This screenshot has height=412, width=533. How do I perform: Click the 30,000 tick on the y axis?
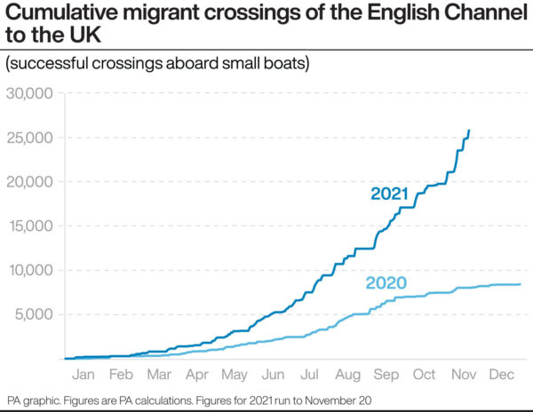[29, 93]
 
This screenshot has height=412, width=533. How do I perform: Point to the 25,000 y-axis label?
[29, 138]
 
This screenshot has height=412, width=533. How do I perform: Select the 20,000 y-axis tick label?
[29, 182]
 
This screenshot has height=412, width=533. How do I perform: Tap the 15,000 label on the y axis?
[29, 226]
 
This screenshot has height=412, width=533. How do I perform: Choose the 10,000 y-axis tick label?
[29, 270]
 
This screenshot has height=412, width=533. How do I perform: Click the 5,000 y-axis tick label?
[34, 314]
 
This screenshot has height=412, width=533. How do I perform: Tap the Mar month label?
[159, 375]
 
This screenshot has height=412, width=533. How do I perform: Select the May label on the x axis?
[235, 375]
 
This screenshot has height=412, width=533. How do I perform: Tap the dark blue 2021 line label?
[389, 194]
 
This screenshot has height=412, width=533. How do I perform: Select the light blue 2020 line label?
[386, 284]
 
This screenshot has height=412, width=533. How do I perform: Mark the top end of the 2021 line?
[469, 131]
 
